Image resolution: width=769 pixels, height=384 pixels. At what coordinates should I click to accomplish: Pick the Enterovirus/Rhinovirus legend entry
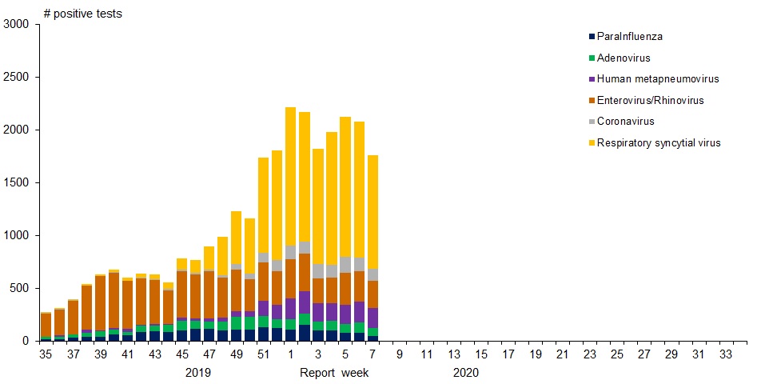(650, 100)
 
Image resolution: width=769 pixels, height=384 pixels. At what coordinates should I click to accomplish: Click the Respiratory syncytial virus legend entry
(659, 143)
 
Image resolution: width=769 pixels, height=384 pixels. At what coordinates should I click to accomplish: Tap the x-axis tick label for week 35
(46, 354)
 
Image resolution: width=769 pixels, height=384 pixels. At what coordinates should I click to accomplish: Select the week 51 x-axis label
(264, 354)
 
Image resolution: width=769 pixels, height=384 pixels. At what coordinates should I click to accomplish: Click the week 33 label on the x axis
(727, 354)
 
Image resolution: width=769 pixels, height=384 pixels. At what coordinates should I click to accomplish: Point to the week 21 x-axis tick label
(563, 354)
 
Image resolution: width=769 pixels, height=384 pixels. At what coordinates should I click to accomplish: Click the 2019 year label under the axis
(197, 373)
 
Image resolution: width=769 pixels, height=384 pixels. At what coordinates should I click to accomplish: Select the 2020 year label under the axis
(465, 373)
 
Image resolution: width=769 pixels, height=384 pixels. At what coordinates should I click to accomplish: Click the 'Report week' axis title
(334, 373)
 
